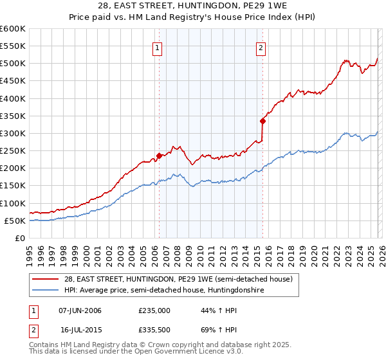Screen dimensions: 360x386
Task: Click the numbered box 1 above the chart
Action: click(x=158, y=46)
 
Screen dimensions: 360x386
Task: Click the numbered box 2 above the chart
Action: click(x=261, y=46)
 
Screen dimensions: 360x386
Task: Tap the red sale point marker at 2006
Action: click(x=159, y=155)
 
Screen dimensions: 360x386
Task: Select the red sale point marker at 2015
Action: click(x=262, y=120)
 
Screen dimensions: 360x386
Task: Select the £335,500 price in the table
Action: click(x=154, y=331)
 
